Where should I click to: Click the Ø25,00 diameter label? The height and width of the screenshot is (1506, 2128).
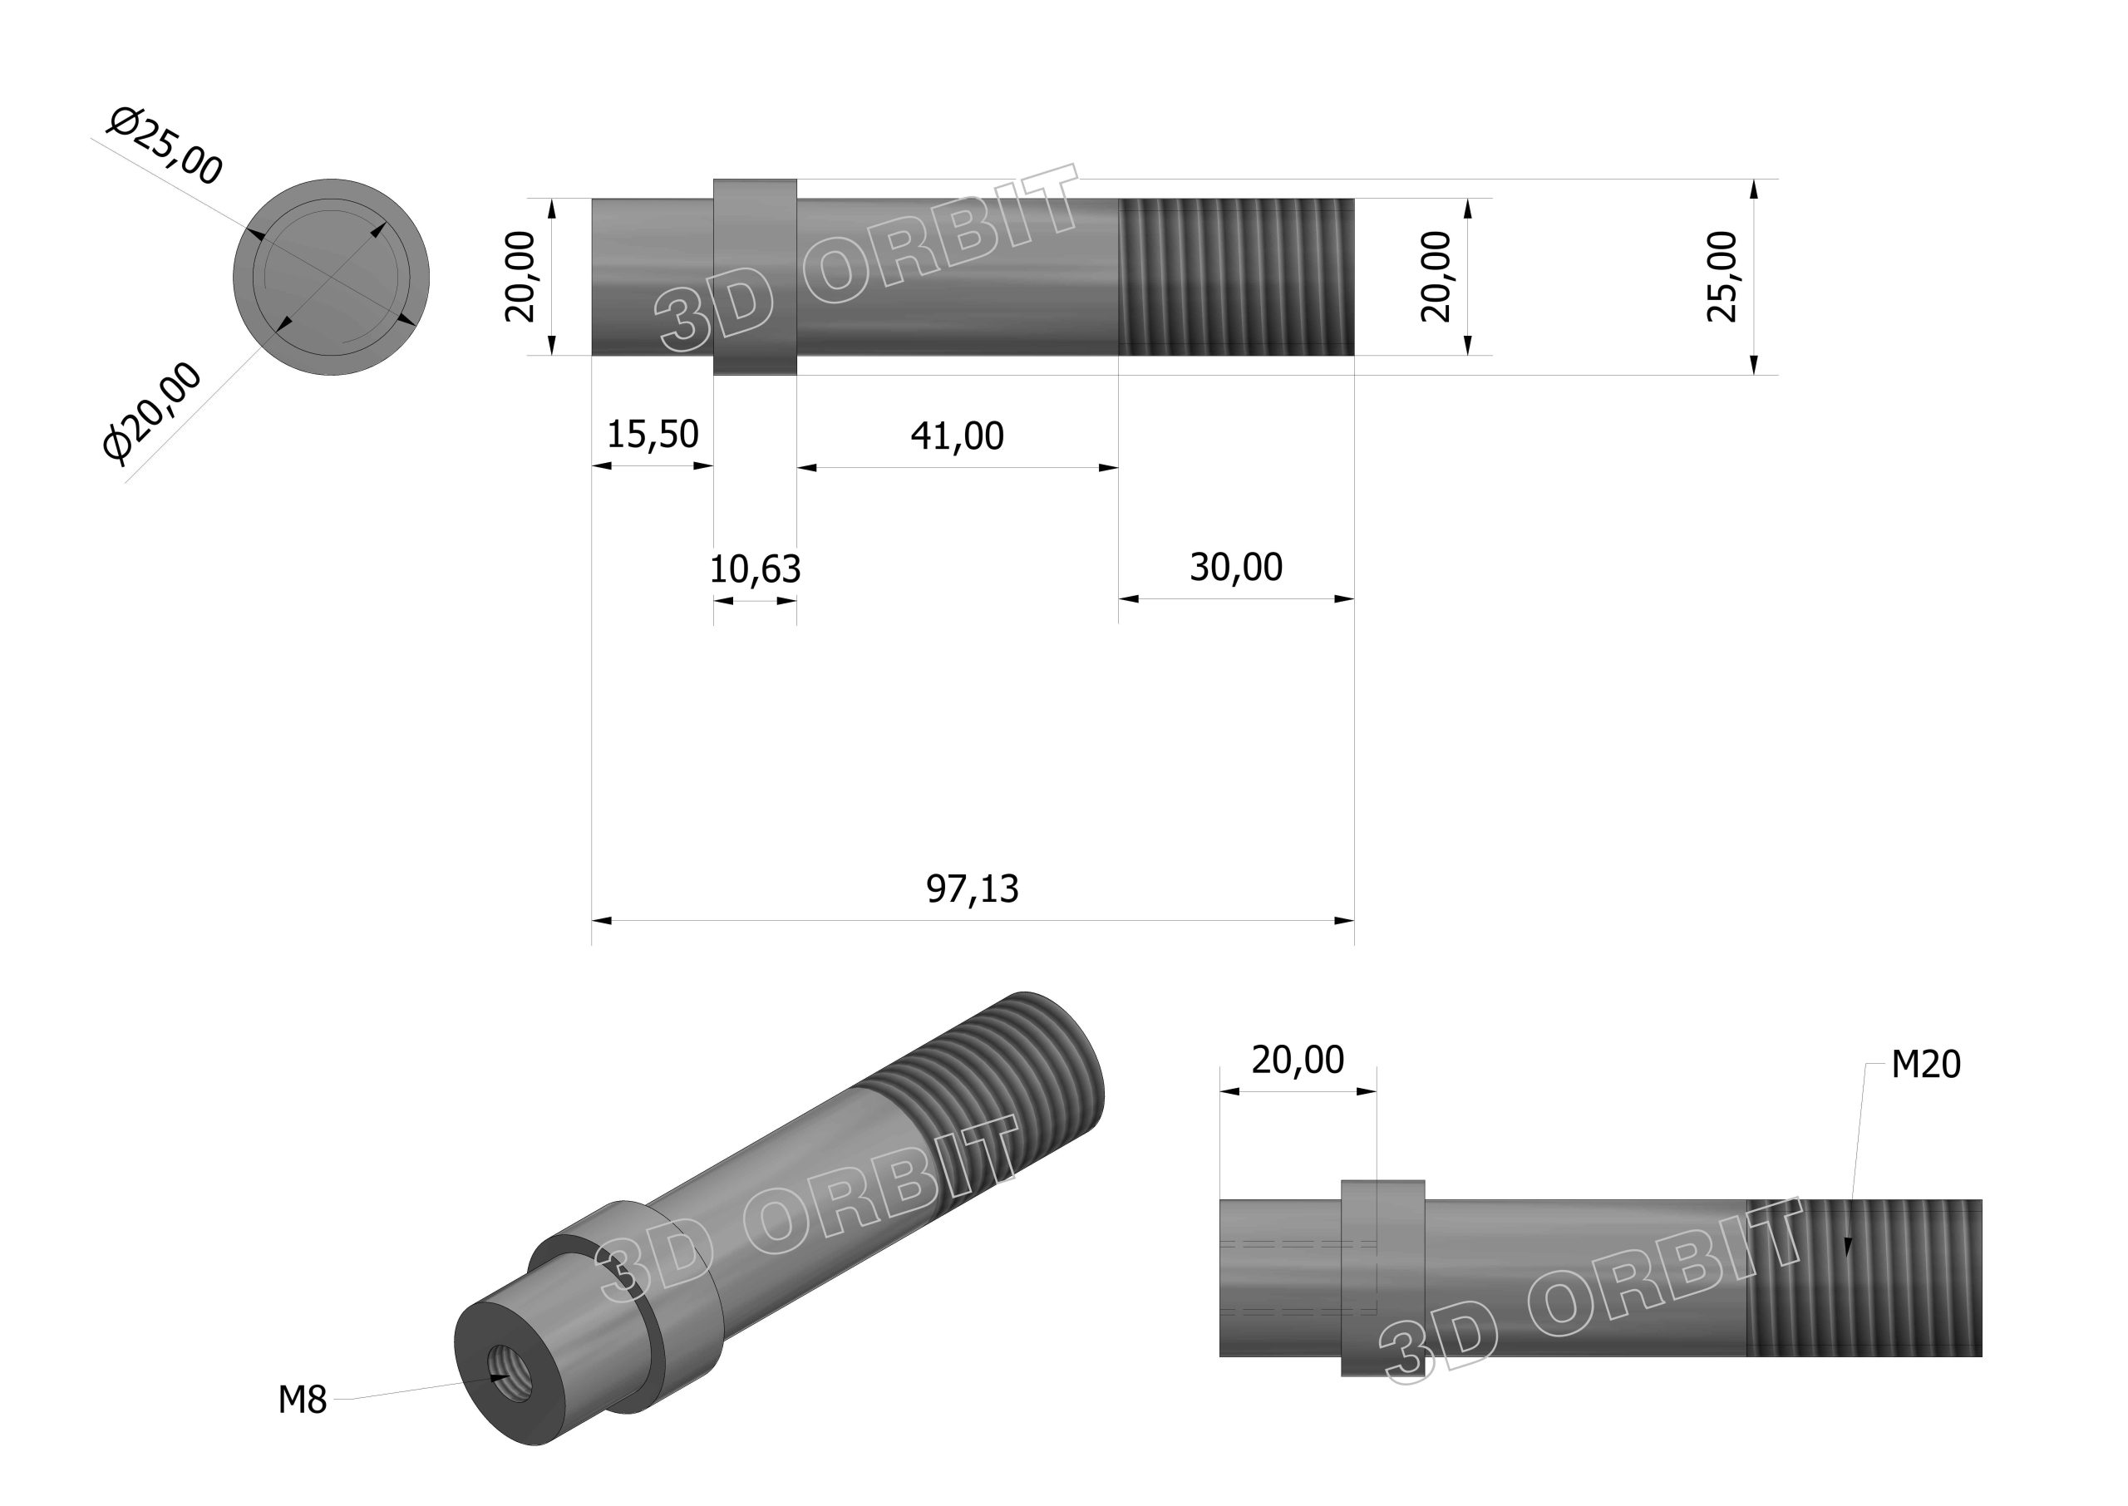pos(165,146)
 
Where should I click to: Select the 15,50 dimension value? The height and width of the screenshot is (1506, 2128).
pos(653,434)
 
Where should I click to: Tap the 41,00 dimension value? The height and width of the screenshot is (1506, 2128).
pos(957,436)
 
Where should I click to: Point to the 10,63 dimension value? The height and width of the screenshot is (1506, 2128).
pos(755,568)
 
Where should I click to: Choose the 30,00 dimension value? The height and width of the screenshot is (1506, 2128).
pos(1236,567)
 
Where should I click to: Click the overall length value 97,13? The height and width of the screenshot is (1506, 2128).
pos(972,888)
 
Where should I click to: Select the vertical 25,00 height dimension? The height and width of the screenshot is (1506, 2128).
pos(1722,276)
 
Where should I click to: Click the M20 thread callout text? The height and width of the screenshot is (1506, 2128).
pos(1926,1065)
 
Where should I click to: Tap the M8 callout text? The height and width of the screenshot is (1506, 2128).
pos(303,1400)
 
